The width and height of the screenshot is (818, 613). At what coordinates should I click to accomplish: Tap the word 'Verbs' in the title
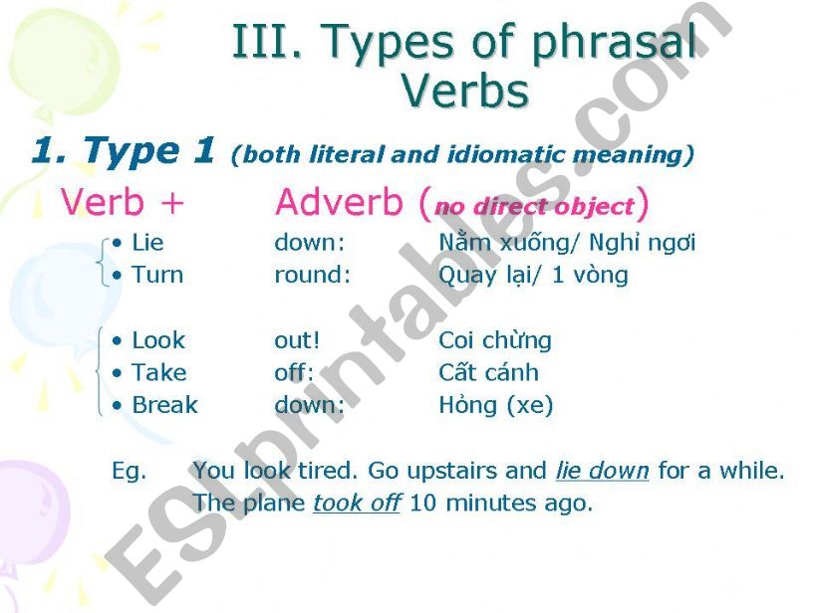point(465,92)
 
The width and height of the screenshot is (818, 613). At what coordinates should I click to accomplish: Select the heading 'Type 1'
point(148,150)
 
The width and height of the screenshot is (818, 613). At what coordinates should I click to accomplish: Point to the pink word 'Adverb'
point(339,202)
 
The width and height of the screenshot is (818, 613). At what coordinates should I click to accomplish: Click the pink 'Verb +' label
point(123,202)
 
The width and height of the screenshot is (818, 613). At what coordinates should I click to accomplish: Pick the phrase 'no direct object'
point(535,207)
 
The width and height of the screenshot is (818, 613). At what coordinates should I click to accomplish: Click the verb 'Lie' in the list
point(147,243)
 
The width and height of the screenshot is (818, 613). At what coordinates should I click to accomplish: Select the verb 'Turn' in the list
point(157,275)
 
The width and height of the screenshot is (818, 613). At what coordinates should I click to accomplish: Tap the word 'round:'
point(313,275)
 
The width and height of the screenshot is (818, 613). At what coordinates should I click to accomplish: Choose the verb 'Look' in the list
point(158,340)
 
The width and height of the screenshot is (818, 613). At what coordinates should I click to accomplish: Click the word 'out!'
point(297,340)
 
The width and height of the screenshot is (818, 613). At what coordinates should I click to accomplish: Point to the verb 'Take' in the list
point(159,373)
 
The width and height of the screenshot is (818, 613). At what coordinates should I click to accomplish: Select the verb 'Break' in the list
point(164,405)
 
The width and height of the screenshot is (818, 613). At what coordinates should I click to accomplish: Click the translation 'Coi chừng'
point(495,341)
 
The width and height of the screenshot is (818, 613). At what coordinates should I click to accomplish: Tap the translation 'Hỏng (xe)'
point(496,406)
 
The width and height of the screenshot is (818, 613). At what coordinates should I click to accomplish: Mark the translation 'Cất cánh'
point(489,372)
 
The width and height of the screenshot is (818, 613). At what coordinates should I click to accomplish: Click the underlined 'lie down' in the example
point(603,471)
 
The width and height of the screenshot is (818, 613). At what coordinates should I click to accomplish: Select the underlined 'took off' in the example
point(357,503)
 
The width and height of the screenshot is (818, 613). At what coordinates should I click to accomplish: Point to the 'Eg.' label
point(129,472)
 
